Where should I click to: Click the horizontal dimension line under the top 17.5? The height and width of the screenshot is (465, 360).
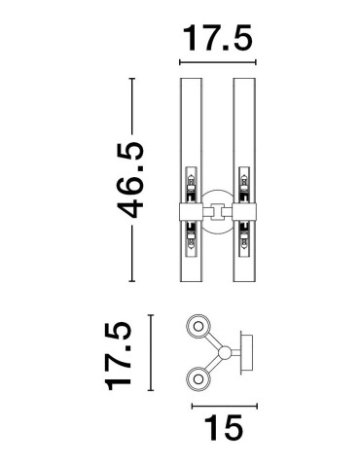coord(217,64)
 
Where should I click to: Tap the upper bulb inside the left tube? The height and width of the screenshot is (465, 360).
coord(192,180)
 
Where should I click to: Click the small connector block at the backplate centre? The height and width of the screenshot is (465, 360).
coord(216,206)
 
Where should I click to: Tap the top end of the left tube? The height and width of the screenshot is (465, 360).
coord(192,77)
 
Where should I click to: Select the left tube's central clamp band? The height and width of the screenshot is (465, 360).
coord(192,206)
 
